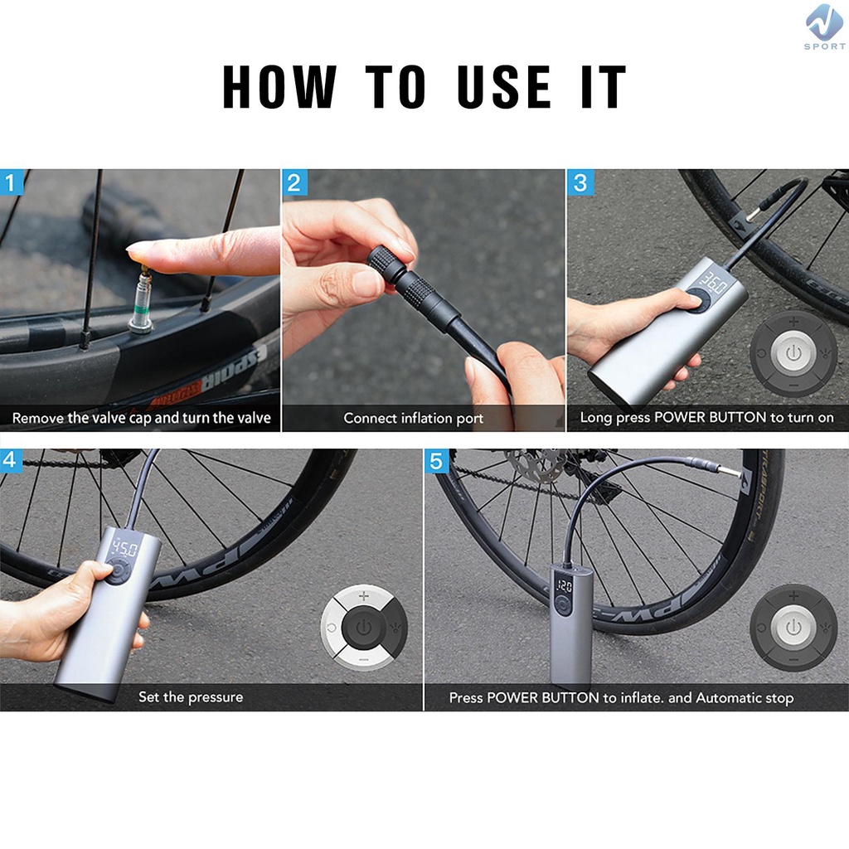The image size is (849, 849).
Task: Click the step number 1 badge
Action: point(12,182)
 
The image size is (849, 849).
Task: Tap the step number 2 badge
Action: point(294,182)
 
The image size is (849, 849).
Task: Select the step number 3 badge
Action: point(580,182)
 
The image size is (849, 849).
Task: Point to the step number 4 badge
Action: point(10,460)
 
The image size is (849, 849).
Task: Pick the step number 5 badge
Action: point(436,461)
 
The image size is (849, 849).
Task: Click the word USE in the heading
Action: point(503,86)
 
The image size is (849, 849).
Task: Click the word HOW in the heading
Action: point(280,86)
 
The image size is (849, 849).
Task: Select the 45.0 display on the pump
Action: point(125,550)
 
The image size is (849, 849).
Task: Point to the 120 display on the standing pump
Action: point(564,586)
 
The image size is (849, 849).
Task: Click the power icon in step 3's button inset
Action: point(793,353)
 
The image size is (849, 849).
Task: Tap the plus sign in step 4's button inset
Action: point(364,596)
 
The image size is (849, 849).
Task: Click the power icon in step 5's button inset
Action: point(793,628)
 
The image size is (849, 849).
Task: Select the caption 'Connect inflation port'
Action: point(413,418)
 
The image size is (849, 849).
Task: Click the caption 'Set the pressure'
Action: point(191,696)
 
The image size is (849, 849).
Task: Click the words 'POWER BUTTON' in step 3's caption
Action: point(711,418)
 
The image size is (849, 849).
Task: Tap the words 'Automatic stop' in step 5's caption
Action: point(745,697)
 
